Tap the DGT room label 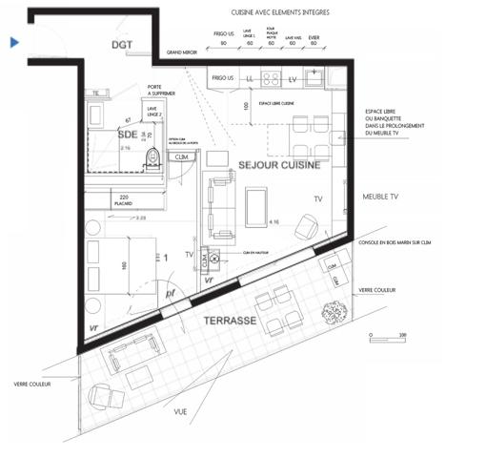click(x=121, y=45)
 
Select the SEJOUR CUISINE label click(x=277, y=164)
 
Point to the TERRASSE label click(x=230, y=323)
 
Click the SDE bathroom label click(x=128, y=135)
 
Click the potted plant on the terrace click(x=334, y=312)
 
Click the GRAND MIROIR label click(x=181, y=53)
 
